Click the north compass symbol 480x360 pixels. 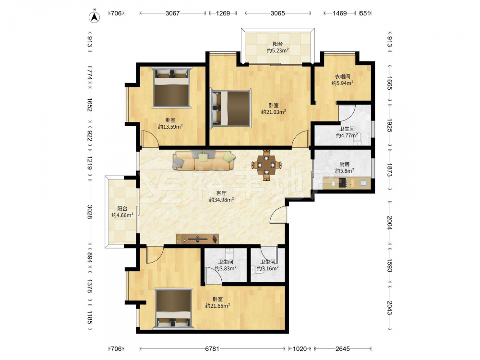[x=95, y=17]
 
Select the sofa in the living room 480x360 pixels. [x=204, y=160]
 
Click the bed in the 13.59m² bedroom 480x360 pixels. [x=172, y=87]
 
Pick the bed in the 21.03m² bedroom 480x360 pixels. [x=230, y=108]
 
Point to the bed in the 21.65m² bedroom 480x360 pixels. [x=174, y=309]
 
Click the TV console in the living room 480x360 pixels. [x=197, y=239]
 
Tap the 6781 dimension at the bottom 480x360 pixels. [x=213, y=348]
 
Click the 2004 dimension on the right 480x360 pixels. [x=389, y=223]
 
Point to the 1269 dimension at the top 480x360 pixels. [x=223, y=13]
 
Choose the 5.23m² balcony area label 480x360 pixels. [x=277, y=50]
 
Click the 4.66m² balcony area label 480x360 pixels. [x=122, y=215]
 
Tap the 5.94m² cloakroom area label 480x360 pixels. [x=343, y=83]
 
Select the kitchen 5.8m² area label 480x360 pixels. [x=344, y=171]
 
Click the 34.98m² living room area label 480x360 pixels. [x=221, y=200]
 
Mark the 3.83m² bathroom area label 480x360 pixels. [x=225, y=268]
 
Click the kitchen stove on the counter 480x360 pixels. [x=343, y=183]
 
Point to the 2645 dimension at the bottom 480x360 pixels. [x=343, y=348]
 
